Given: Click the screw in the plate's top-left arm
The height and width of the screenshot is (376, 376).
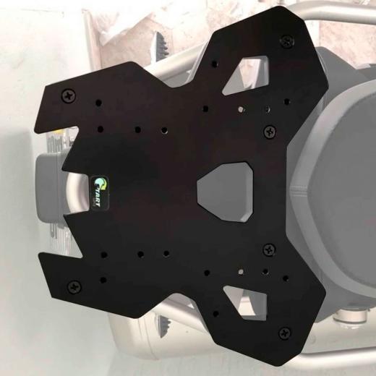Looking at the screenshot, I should (69, 93).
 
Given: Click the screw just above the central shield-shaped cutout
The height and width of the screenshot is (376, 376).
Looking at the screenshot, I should (270, 132).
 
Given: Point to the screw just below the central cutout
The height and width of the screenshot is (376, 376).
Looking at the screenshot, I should (270, 249).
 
